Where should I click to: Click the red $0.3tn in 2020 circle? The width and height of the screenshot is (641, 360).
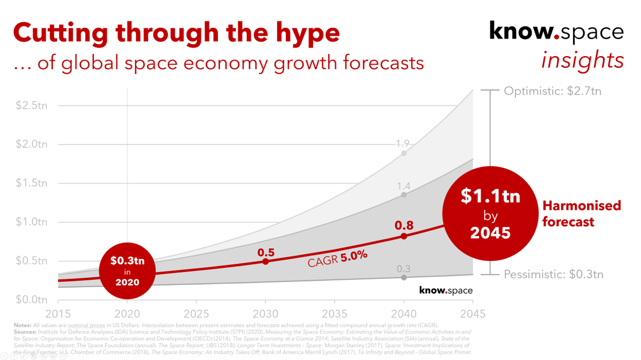tap(127, 271)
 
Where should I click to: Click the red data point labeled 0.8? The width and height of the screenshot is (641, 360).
tap(404, 236)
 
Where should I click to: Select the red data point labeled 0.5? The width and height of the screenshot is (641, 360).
tap(265, 261)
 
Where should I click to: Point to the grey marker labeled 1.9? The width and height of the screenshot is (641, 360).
tap(404, 153)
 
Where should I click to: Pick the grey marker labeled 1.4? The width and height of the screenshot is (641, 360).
tap(404, 195)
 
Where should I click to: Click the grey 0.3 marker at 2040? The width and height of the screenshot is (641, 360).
tap(404, 277)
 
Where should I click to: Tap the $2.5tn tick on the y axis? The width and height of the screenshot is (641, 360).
tap(31, 105)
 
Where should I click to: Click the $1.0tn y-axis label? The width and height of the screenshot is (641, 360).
tap(31, 222)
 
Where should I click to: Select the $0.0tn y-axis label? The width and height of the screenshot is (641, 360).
tap(31, 299)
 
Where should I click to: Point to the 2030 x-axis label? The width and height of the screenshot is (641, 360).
tap(265, 314)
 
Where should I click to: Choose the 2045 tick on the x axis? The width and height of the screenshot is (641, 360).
tap(472, 314)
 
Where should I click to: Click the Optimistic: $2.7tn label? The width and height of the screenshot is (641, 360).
tap(553, 91)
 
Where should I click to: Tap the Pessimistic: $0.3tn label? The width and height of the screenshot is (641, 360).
tap(554, 275)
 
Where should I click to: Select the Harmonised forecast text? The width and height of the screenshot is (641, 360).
tap(581, 214)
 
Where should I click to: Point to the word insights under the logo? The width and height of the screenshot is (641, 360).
tap(582, 60)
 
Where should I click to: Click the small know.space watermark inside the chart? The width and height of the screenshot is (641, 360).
tap(445, 291)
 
